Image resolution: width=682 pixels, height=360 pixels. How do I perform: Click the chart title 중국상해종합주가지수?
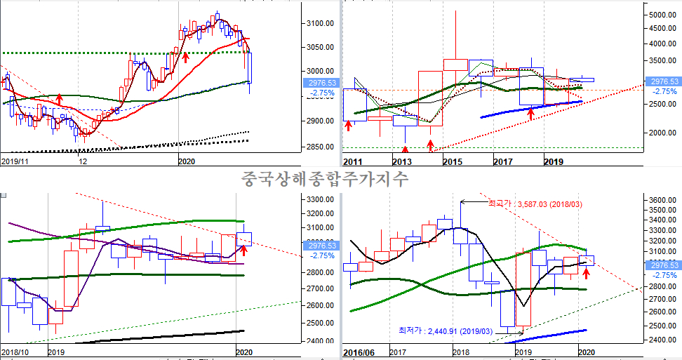pyautogui.click(x=324, y=178)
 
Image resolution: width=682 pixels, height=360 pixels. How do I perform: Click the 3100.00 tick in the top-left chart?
pyautogui.click(x=319, y=24)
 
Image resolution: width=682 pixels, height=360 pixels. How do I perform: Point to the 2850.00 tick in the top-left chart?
pyautogui.click(x=319, y=147)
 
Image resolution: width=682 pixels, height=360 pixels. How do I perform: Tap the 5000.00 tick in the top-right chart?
pyautogui.click(x=662, y=15)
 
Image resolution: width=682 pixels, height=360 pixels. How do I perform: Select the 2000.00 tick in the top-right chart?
pyautogui.click(x=662, y=133)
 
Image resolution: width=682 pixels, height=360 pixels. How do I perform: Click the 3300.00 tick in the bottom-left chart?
pyautogui.click(x=320, y=199)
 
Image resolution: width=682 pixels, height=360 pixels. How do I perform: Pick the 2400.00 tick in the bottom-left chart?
pyautogui.click(x=320, y=342)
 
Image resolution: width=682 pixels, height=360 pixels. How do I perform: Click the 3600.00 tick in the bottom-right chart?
pyautogui.click(x=661, y=201)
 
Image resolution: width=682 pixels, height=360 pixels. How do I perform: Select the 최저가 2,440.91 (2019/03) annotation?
pyautogui.click(x=445, y=329)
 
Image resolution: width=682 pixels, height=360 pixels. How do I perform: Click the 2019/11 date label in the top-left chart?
pyautogui.click(x=15, y=161)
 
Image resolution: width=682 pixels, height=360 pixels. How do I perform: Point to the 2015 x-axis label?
pyautogui.click(x=453, y=162)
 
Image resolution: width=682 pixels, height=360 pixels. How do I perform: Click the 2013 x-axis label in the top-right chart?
pyautogui.click(x=401, y=162)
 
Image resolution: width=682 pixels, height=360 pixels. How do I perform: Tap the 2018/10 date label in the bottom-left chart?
pyautogui.click(x=15, y=351)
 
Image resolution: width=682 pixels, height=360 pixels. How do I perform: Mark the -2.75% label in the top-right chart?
pyautogui.click(x=664, y=91)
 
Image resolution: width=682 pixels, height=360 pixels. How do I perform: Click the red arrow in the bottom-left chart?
pyautogui.click(x=244, y=249)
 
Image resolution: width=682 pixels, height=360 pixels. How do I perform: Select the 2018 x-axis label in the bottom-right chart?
pyautogui.click(x=461, y=351)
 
